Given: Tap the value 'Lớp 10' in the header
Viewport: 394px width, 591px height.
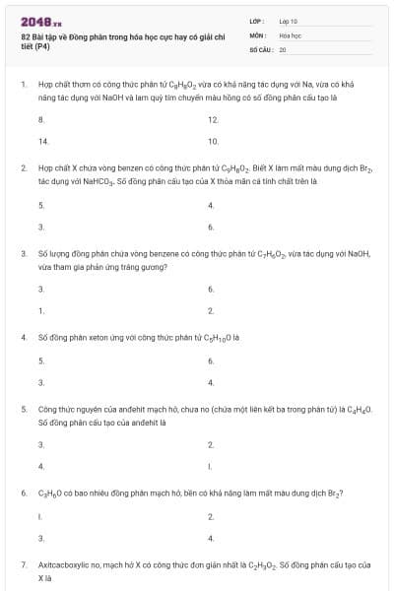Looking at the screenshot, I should [289, 20].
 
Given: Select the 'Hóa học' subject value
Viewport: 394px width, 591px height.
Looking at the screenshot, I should [291, 34].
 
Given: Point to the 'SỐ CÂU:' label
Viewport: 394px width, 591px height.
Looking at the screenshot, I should [259, 48].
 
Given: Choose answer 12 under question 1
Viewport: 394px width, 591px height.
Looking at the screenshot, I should [213, 119].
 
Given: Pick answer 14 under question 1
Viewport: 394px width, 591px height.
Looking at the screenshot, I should [43, 141].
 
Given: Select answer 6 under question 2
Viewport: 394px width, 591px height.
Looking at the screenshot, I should [211, 227].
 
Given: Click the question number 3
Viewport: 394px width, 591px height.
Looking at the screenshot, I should [23, 253].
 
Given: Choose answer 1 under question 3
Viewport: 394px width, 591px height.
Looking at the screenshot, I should [40, 310].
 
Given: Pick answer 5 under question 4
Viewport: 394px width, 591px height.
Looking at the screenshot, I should [40, 361].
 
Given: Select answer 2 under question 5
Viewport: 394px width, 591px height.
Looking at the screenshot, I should [211, 444].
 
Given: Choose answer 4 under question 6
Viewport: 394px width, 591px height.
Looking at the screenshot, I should [211, 538].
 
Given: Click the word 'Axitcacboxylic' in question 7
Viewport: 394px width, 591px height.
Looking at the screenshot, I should [62, 565].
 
